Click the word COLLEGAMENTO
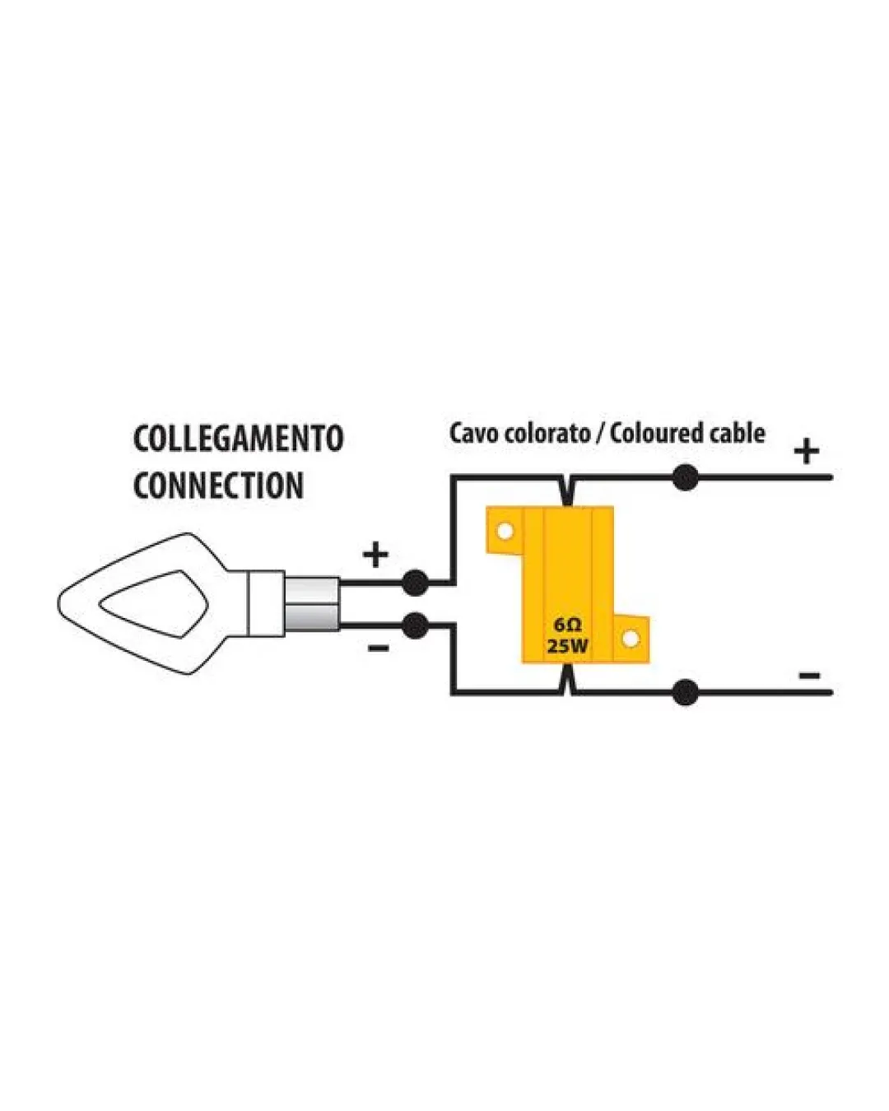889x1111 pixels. [x=238, y=439]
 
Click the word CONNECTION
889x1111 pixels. [x=218, y=486]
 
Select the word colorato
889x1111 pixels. [x=547, y=433]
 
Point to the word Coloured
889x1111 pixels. [x=656, y=433]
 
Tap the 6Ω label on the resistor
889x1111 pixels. [x=568, y=625]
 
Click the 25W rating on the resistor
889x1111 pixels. [x=568, y=646]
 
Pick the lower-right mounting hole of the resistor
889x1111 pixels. [x=629, y=639]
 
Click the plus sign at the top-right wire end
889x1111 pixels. [x=807, y=451]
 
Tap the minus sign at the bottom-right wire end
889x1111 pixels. [x=809, y=675]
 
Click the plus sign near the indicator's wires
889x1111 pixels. [x=375, y=555]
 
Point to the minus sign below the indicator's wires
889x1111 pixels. [x=378, y=648]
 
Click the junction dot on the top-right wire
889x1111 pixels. [x=685, y=477]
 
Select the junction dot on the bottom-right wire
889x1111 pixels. [x=685, y=692]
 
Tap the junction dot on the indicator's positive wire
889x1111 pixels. [x=415, y=583]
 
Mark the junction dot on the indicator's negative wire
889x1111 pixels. [x=415, y=625]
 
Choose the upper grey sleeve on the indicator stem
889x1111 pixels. [x=312, y=590]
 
